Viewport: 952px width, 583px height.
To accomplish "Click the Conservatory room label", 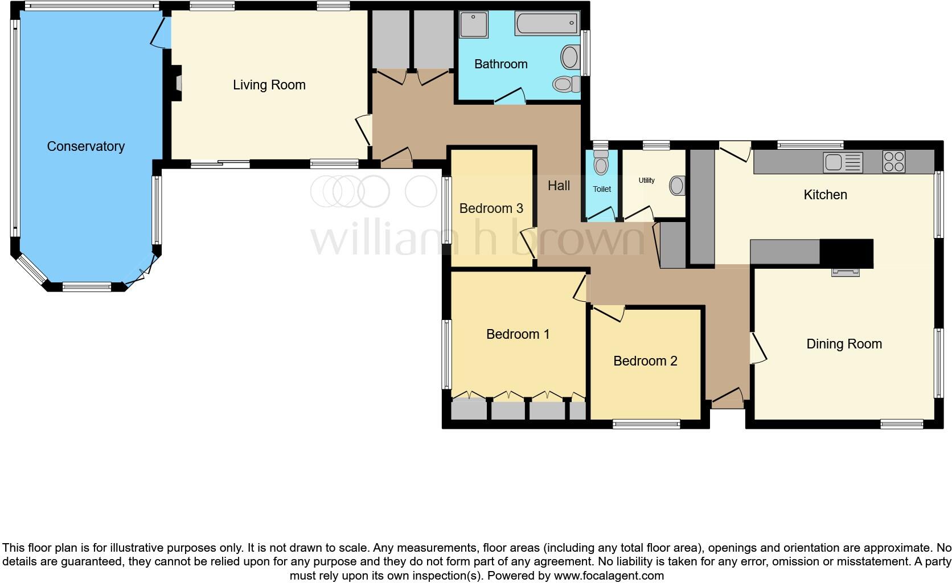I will pyautogui.click(x=85, y=146).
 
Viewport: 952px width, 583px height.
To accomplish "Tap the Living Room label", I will pyautogui.click(x=269, y=85).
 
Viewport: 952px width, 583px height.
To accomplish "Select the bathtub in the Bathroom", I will pyautogui.click(x=546, y=23).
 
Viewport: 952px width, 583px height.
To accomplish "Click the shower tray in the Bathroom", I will pyautogui.click(x=474, y=24).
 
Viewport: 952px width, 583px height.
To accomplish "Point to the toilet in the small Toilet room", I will pyautogui.click(x=601, y=163).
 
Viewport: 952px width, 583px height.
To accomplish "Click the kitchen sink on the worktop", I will pyautogui.click(x=843, y=162).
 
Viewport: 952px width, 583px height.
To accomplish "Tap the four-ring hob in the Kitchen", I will pyautogui.click(x=893, y=161).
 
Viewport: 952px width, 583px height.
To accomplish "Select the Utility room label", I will pyautogui.click(x=646, y=180).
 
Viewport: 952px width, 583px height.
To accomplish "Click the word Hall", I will pyautogui.click(x=559, y=186).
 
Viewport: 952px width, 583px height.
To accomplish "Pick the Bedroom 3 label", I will pyautogui.click(x=491, y=208).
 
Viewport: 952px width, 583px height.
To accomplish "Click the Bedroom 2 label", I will pyautogui.click(x=645, y=361).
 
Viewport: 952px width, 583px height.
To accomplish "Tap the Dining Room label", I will pyautogui.click(x=844, y=344).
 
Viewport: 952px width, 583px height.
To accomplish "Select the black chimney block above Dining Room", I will pyautogui.click(x=846, y=253).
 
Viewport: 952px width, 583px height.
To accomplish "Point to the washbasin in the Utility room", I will pyautogui.click(x=678, y=186).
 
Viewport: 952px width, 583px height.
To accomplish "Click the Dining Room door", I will pyautogui.click(x=757, y=348).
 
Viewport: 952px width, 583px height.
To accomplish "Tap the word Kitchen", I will pyautogui.click(x=825, y=195).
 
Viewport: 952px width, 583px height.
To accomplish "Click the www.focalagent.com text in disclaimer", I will pyautogui.click(x=608, y=576).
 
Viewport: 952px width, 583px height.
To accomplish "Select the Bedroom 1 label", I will pyautogui.click(x=518, y=334).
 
